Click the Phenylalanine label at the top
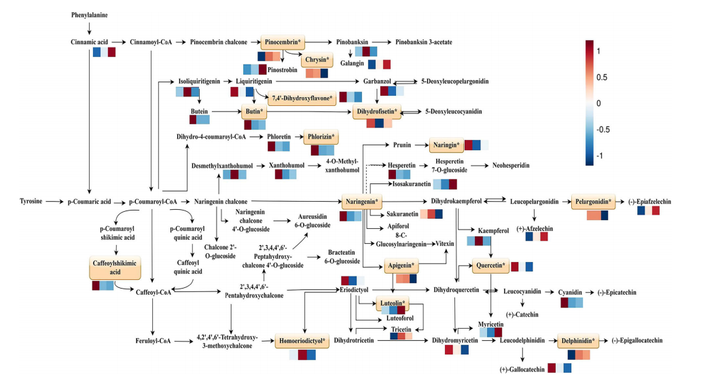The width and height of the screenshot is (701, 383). pos(89,14)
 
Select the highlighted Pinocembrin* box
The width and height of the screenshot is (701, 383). pos(281,42)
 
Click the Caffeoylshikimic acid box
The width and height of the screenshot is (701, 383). pos(110,269)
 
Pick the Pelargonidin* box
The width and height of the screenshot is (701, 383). pos(593,202)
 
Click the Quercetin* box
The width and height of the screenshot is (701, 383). pos(490,265)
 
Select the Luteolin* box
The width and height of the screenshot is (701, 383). pos(393,303)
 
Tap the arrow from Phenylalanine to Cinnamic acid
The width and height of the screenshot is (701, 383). pos(89,28)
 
